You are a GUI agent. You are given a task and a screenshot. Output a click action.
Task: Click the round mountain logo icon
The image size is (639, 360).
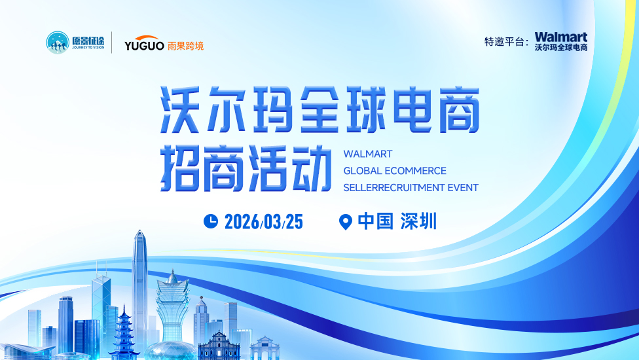coord(58,43)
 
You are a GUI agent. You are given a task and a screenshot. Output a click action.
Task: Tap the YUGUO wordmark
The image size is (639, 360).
coord(144,44)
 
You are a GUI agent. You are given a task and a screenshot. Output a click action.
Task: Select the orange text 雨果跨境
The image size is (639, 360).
coord(185,46)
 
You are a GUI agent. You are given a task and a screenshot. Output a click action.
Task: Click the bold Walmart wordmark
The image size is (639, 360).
coord(560,37)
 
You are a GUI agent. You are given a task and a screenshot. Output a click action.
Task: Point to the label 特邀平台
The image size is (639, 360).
coord(504,41)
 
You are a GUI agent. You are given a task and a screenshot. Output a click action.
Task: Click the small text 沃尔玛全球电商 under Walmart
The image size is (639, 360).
coord(560,47)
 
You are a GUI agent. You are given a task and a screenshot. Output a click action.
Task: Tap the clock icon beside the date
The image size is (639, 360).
coord(211,221)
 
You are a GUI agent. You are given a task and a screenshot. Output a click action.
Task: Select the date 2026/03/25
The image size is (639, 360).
coord(264,222)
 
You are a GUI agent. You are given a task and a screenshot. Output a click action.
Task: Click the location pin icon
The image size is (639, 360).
coord(346,222)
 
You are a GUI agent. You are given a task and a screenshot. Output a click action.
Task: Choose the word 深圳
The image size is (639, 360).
coord(418,221)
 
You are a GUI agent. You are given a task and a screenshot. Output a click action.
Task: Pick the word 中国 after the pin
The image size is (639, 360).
coord(376,221)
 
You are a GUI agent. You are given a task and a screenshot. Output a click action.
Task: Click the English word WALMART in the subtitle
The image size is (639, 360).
coord(367,154)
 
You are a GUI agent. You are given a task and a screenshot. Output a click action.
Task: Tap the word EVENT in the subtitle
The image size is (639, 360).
coord(463,188)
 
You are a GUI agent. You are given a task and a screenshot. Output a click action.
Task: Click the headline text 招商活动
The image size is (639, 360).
coord(246,169)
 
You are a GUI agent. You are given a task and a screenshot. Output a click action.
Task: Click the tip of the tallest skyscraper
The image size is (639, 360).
coord(140,230)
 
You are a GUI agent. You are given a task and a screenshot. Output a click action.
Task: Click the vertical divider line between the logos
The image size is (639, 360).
coord(112,43)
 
